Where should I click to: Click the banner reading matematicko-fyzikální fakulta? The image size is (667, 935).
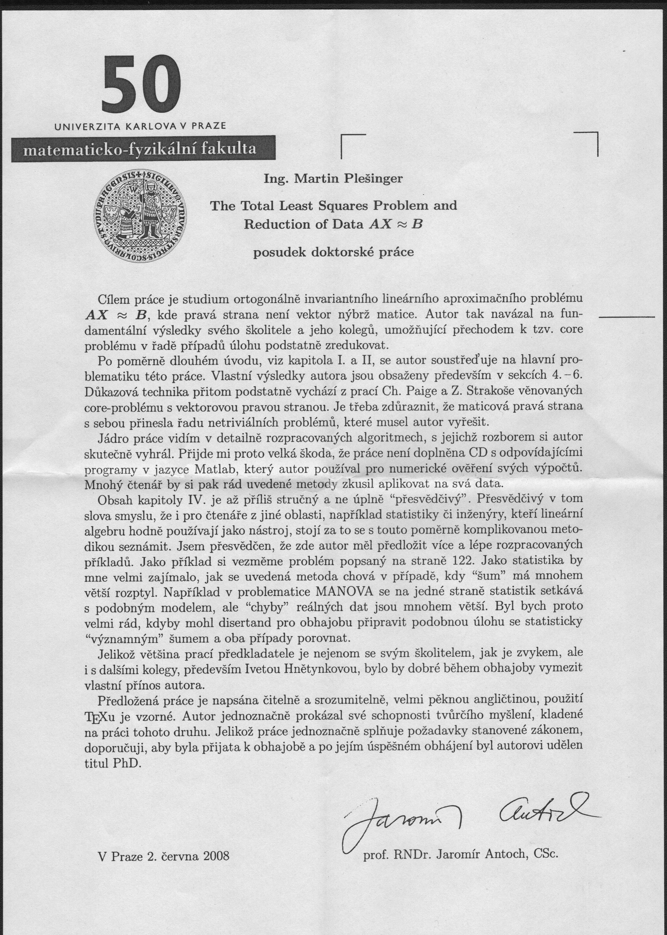140,149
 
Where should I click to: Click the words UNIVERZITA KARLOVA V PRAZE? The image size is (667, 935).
140,126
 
